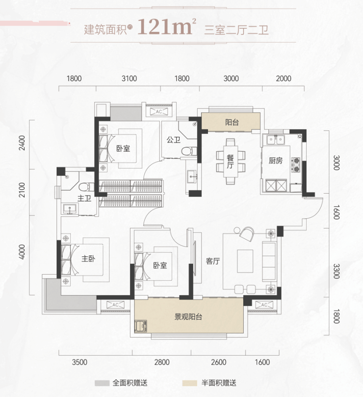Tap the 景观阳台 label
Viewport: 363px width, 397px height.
pos(188,317)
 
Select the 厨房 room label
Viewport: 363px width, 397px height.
pos(276,161)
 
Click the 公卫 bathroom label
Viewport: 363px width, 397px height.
pos(174,140)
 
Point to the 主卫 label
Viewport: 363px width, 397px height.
pos(84,198)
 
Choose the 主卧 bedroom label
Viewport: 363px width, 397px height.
pos(88,259)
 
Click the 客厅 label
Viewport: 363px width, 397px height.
pos(213,261)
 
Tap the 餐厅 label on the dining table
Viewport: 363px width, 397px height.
pos(230,162)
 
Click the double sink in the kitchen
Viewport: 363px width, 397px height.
pos(275,139)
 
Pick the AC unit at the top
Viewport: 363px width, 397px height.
pos(159,112)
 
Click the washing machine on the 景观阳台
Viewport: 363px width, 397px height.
pos(141,326)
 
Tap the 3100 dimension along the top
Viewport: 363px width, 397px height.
pos(129,79)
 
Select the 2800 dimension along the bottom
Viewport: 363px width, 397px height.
pos(162,362)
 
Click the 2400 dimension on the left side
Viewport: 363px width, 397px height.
pos(22,143)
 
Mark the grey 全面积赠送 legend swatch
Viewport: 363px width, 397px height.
pos(102,383)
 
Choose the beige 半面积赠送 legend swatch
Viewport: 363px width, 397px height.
pos(189,383)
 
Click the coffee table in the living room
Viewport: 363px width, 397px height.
pos(245,261)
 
